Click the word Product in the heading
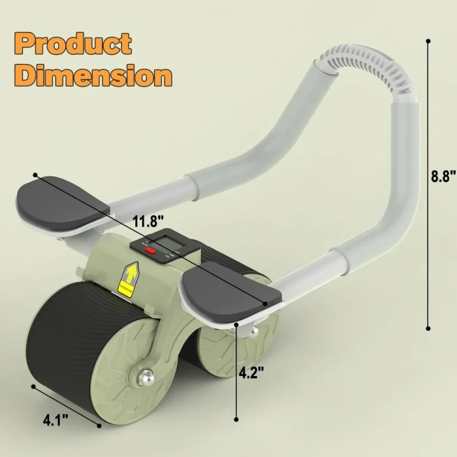(73, 44)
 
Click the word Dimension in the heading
(93, 75)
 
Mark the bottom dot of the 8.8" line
(428, 328)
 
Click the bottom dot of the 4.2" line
(236, 420)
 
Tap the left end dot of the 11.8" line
(35, 175)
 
